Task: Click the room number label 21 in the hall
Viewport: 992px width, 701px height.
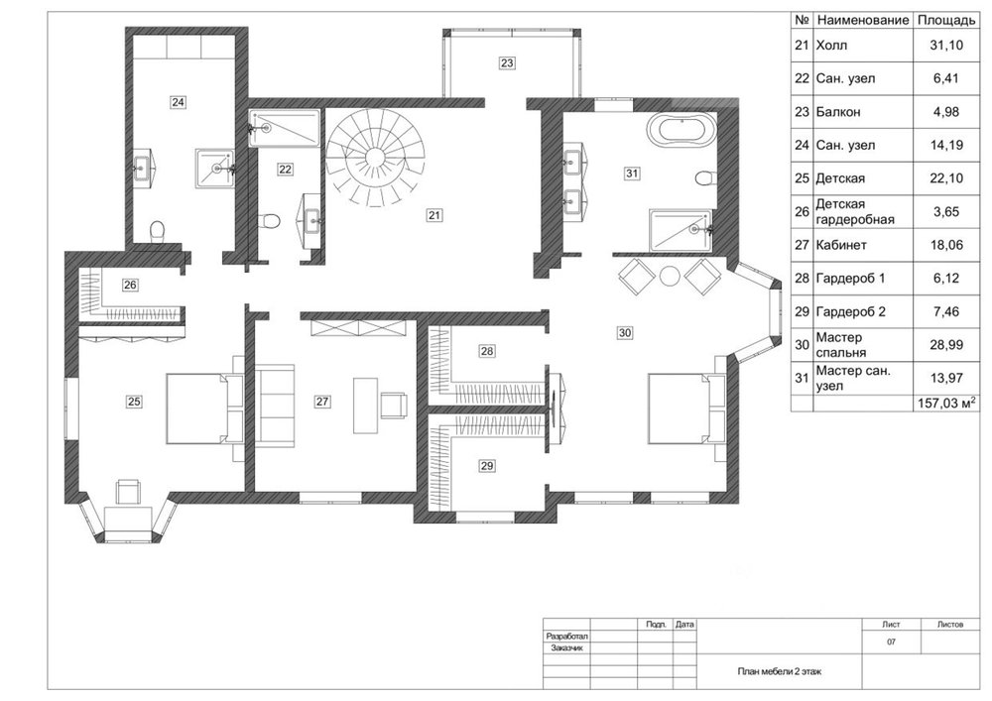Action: click(434, 215)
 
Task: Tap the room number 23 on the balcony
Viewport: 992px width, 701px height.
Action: click(507, 62)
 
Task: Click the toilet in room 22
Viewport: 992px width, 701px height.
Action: click(270, 220)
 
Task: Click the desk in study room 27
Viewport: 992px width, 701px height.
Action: click(365, 406)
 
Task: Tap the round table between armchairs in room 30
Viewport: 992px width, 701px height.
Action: click(669, 277)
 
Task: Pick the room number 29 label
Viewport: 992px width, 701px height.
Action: click(486, 466)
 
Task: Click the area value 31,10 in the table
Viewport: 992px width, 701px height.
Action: click(946, 45)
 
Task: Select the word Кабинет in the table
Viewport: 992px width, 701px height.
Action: click(841, 245)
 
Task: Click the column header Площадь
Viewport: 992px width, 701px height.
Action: click(946, 20)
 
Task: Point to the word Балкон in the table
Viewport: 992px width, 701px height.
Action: click(837, 112)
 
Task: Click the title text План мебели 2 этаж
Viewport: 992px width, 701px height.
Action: click(780, 671)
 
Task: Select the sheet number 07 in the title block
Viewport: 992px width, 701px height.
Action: click(892, 643)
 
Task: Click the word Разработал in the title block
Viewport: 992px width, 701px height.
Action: click(567, 637)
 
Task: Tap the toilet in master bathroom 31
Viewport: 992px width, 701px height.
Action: click(704, 177)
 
